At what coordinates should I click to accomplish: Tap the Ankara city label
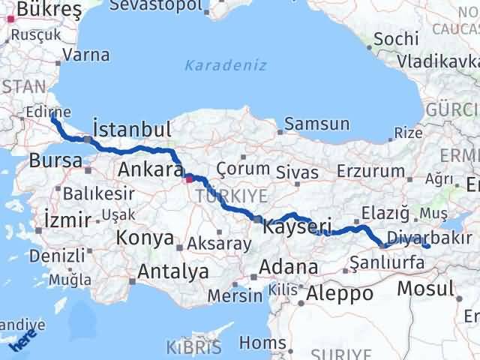point(150,170)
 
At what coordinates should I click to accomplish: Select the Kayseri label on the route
point(298,224)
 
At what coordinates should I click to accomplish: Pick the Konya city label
point(145,238)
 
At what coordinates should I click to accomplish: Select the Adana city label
point(289,267)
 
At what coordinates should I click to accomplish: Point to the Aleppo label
point(339,293)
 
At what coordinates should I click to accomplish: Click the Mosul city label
point(426,288)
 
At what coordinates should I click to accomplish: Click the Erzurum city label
point(372,172)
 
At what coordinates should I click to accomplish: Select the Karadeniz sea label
point(225,65)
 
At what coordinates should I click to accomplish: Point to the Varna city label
point(86,55)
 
